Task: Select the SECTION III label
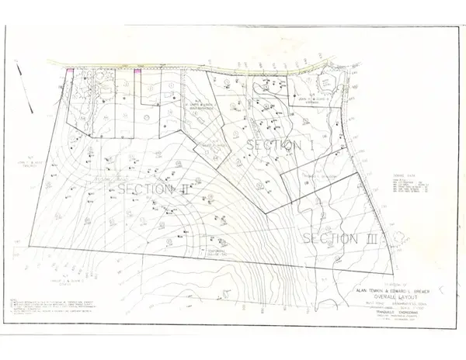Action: click(339, 237)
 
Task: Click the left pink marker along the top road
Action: click(70, 71)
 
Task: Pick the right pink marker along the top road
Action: click(137, 71)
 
